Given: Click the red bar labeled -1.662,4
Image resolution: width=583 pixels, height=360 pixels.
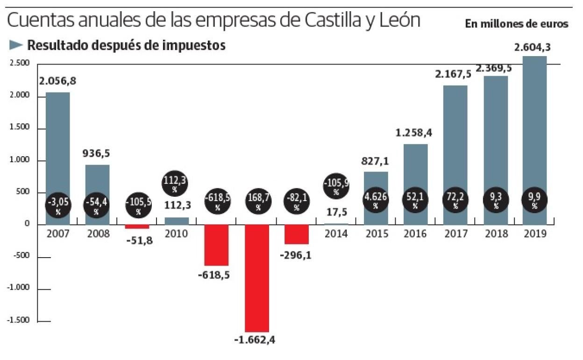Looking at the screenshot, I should tap(257, 278).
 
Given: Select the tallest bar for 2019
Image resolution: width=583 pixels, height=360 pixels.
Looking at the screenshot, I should tap(534, 140).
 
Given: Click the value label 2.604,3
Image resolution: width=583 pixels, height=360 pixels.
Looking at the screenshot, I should tap(534, 48).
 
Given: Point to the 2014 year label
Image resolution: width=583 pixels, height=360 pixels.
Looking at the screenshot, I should tap(336, 234).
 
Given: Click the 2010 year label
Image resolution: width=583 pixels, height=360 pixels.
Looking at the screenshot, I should tap(177, 234).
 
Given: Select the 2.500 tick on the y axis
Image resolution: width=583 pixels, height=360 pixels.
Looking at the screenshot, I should tap(20, 64).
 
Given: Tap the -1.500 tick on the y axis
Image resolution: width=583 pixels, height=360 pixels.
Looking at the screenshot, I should tap(19, 321).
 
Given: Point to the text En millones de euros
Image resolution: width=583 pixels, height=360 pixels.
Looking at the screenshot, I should tap(517, 24).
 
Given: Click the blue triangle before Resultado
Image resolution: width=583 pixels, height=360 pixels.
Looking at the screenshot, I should tap(16, 45).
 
